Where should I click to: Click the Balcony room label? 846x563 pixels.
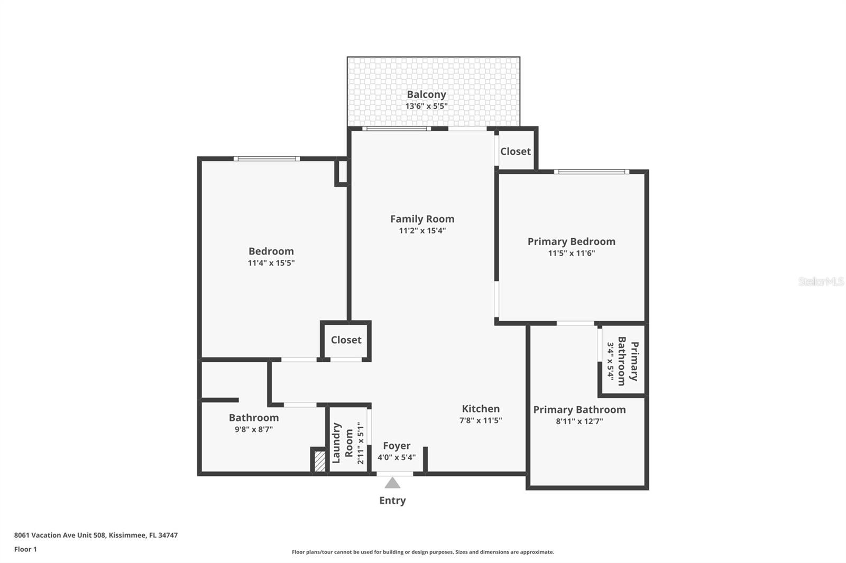(426, 95)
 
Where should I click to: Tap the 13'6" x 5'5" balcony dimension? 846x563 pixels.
(426, 106)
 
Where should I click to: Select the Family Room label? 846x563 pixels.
(422, 219)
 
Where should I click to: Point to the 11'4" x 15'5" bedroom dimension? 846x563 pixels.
(271, 263)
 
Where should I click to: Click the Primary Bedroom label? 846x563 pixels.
(571, 241)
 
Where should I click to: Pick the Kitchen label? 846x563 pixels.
(480, 409)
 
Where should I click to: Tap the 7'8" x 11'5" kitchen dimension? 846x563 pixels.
(480, 421)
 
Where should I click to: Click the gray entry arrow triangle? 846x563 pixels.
(392, 483)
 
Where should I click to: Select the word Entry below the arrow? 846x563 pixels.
(392, 501)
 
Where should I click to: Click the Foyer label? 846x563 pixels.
(397, 446)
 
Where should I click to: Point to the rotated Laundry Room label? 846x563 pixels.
(342, 443)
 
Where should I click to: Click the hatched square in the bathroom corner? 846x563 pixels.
(319, 461)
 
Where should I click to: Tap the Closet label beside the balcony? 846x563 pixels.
(515, 152)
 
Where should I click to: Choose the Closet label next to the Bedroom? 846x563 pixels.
(346, 340)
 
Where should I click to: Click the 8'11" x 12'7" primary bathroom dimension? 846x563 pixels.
(579, 421)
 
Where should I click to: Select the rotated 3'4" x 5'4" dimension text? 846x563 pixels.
(610, 361)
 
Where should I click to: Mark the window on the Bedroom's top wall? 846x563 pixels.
(267, 158)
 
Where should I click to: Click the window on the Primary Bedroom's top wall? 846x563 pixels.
(591, 172)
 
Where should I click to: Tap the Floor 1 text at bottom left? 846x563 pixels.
(25, 549)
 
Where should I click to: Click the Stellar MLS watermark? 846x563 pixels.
(821, 281)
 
